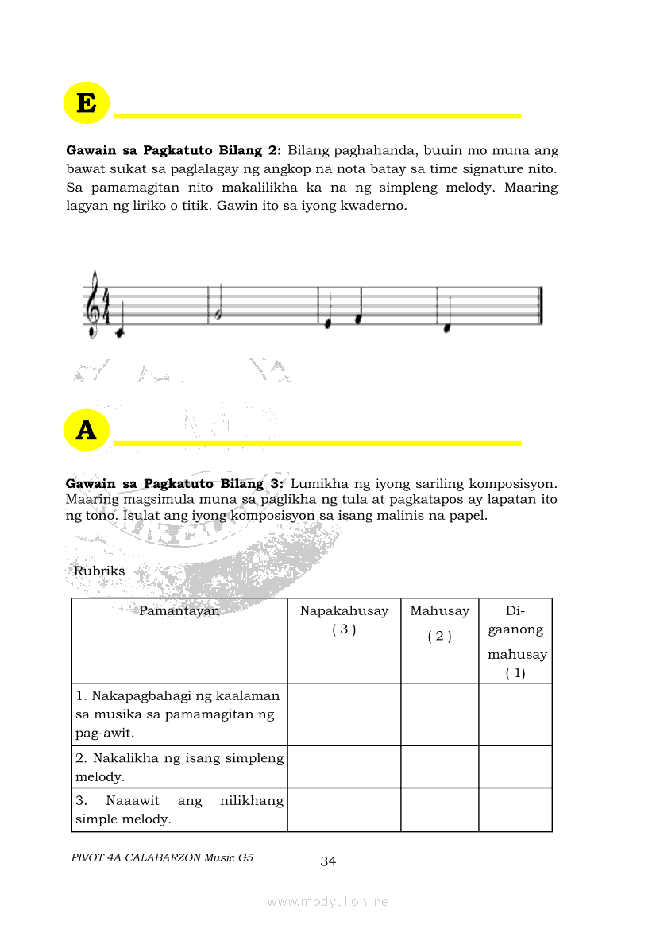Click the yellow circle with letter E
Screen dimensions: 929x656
pyautogui.click(x=86, y=103)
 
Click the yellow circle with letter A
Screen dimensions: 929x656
pyautogui.click(x=86, y=430)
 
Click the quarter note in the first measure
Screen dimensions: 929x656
pyautogui.click(x=119, y=333)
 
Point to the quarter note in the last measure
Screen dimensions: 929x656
pyautogui.click(x=447, y=327)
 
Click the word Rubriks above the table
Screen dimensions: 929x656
pyautogui.click(x=99, y=571)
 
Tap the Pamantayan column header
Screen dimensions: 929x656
pyautogui.click(x=179, y=611)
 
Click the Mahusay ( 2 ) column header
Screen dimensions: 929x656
pyautogui.click(x=439, y=622)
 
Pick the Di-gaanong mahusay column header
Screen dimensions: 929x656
pyautogui.click(x=516, y=641)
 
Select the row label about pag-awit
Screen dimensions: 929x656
pyautogui.click(x=179, y=714)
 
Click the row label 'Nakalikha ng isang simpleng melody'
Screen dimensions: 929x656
pyautogui.click(x=179, y=767)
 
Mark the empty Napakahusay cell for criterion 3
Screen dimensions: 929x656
pyautogui.click(x=344, y=810)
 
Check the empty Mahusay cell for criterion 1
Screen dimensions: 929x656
pyautogui.click(x=439, y=714)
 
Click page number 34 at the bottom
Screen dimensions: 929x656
pyautogui.click(x=328, y=861)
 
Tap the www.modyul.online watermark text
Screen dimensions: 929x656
pyautogui.click(x=328, y=901)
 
